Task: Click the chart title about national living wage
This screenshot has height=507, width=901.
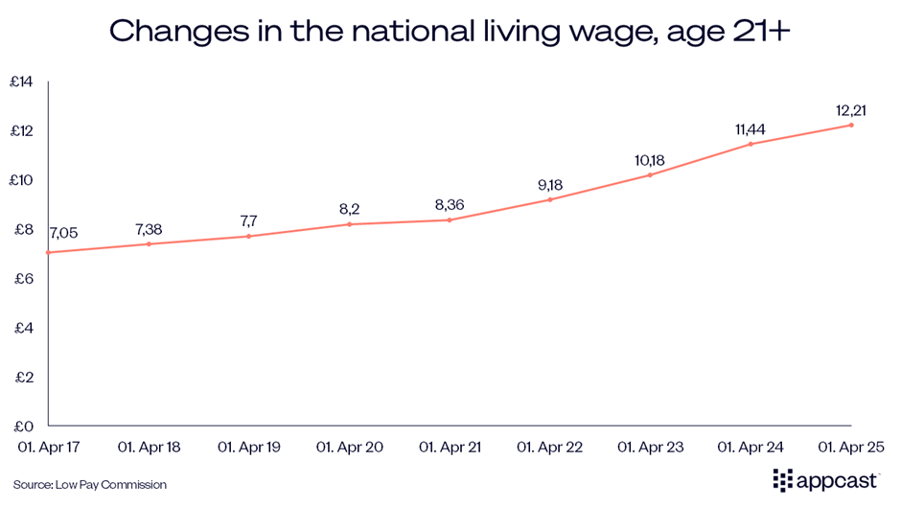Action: (450, 31)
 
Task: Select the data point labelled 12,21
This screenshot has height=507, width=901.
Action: (850, 125)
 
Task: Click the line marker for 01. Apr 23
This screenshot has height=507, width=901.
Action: (650, 174)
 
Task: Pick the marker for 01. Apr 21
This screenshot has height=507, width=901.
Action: (450, 219)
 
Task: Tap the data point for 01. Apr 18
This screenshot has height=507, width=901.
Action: (149, 243)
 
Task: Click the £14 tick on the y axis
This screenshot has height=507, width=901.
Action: (20, 82)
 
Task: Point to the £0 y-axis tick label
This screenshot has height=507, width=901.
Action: (20, 426)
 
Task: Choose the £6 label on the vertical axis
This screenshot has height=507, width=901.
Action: (20, 279)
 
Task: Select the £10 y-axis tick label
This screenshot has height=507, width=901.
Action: (20, 180)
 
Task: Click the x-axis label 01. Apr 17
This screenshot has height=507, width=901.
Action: (48, 447)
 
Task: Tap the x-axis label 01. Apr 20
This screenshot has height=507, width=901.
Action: (349, 447)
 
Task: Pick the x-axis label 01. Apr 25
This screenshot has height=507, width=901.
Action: (850, 447)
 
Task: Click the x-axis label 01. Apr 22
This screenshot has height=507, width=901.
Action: (549, 447)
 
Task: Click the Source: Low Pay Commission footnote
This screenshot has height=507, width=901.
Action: (90, 485)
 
